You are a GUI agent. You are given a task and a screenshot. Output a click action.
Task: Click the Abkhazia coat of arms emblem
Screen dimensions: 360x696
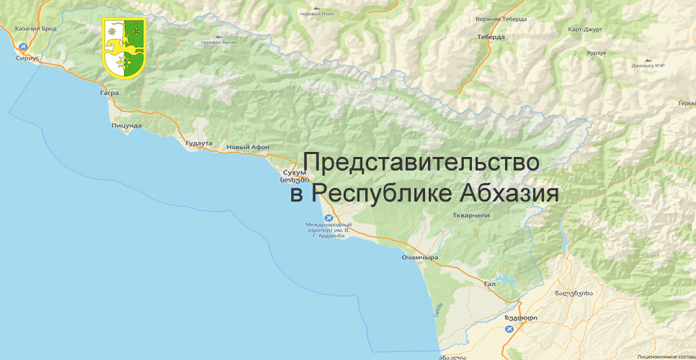click(x=124, y=48)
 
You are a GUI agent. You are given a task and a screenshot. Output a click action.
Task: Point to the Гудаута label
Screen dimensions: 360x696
click(x=199, y=143)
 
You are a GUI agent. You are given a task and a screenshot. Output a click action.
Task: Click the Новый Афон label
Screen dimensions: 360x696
click(x=248, y=147)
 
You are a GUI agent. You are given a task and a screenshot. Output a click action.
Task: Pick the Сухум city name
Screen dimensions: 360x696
click(x=295, y=172)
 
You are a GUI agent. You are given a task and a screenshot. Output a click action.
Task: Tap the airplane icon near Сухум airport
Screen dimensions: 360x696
click(x=329, y=218)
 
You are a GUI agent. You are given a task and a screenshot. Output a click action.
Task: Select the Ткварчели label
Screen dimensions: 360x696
click(x=471, y=215)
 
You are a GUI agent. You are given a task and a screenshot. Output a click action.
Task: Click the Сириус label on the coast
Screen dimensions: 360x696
click(x=28, y=55)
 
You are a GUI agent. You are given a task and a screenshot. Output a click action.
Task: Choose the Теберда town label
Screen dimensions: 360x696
click(x=491, y=35)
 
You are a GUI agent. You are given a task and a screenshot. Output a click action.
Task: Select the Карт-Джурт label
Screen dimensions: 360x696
click(x=584, y=30)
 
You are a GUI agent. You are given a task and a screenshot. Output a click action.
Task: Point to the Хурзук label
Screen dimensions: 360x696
click(x=597, y=53)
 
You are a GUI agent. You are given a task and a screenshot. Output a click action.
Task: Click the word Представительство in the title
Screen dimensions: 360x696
click(x=421, y=162)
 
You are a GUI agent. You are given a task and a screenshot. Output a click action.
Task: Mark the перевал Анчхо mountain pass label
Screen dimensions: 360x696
click(x=219, y=42)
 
